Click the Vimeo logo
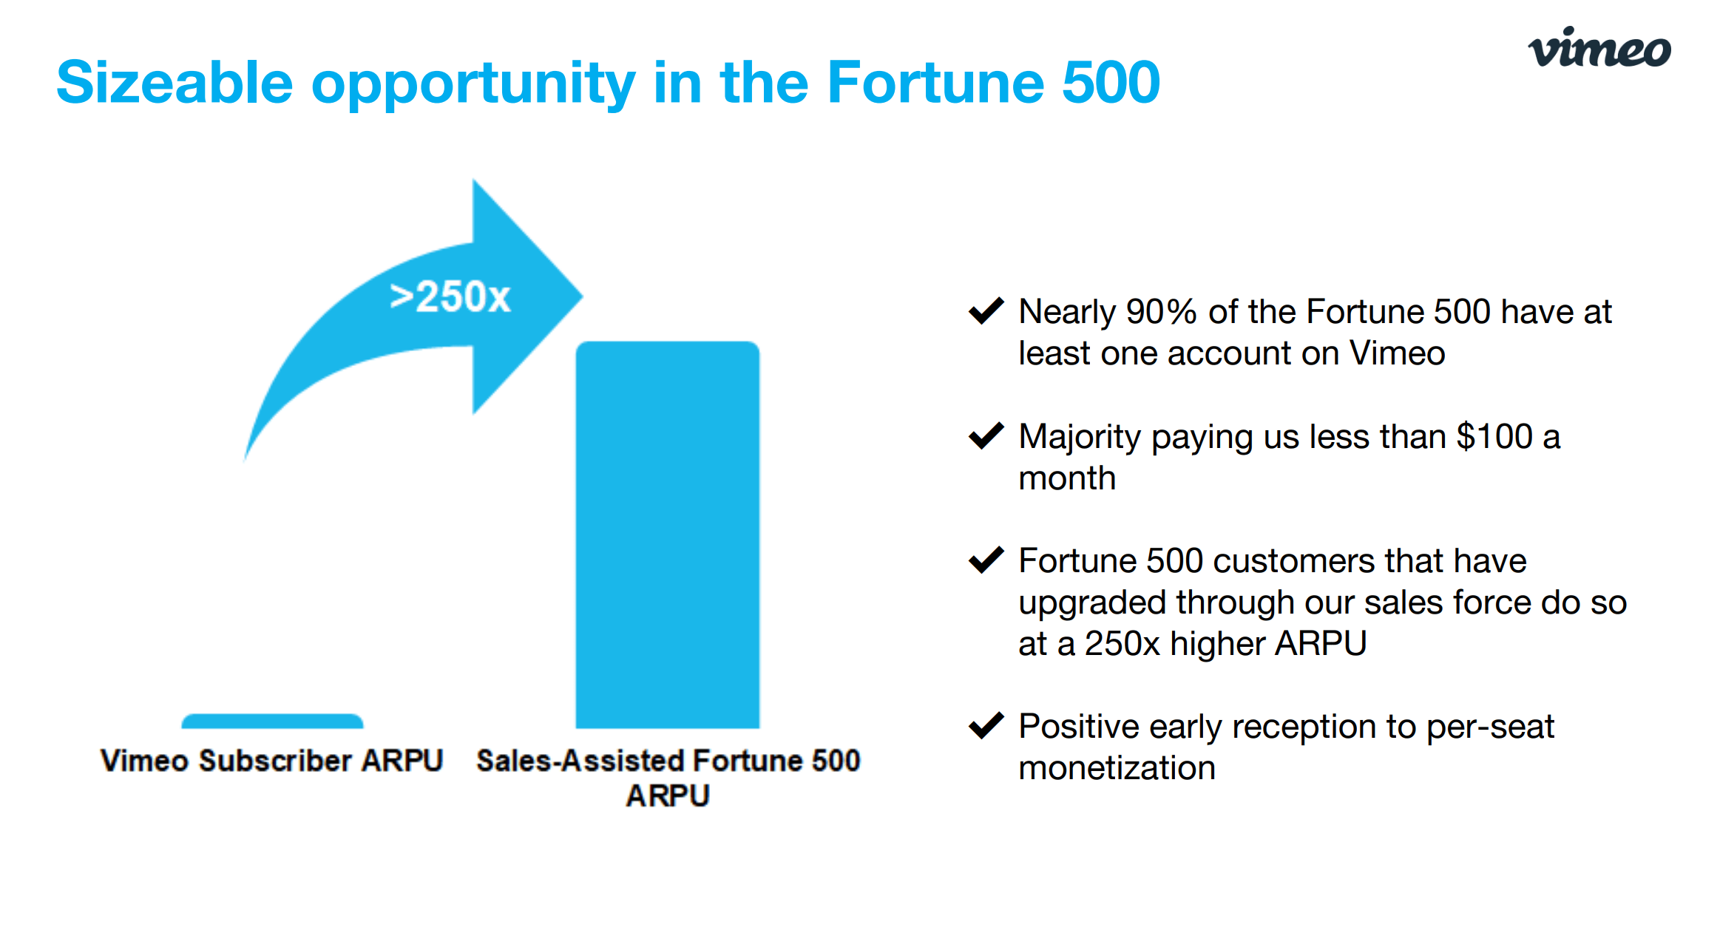pos(1599,47)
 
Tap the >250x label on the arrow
pos(450,297)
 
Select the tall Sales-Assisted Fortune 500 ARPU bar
pos(668,534)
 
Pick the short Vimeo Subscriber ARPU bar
pos(272,721)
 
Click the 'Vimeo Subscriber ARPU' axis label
pos(272,761)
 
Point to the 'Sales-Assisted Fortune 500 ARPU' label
pos(668,778)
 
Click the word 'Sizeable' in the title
pos(175,82)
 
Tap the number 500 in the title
pos(1111,82)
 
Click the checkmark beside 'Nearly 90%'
pos(986,310)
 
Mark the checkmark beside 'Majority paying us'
pos(986,435)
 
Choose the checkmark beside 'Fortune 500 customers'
pos(986,560)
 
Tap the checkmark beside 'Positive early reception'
pos(986,725)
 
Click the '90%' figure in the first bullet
pos(1161,312)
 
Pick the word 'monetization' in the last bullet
pos(1117,768)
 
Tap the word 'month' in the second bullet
pos(1067,478)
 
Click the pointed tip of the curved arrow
pos(583,296)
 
